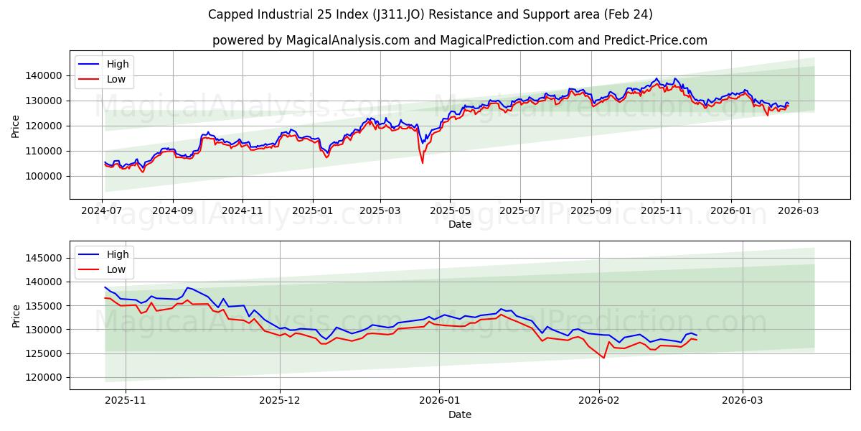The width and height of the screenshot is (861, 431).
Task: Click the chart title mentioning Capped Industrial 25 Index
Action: pyautogui.click(x=430, y=14)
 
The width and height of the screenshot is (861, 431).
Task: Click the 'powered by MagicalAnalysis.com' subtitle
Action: pyautogui.click(x=459, y=40)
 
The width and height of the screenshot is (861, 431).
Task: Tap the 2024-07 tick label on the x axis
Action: pyautogui.click(x=102, y=211)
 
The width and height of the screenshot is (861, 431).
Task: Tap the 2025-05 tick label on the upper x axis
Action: pyautogui.click(x=450, y=211)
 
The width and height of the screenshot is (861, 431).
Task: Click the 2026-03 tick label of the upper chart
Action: pyautogui.click(x=799, y=211)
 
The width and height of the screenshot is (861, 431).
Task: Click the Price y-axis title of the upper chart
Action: pyautogui.click(x=16, y=126)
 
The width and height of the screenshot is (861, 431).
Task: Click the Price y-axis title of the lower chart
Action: pyautogui.click(x=16, y=316)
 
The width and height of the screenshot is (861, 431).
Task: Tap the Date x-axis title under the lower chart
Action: pyautogui.click(x=460, y=414)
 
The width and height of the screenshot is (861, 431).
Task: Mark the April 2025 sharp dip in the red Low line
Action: pyautogui.click(x=422, y=163)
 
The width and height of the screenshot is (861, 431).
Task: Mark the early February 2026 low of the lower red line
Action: pyautogui.click(x=603, y=358)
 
